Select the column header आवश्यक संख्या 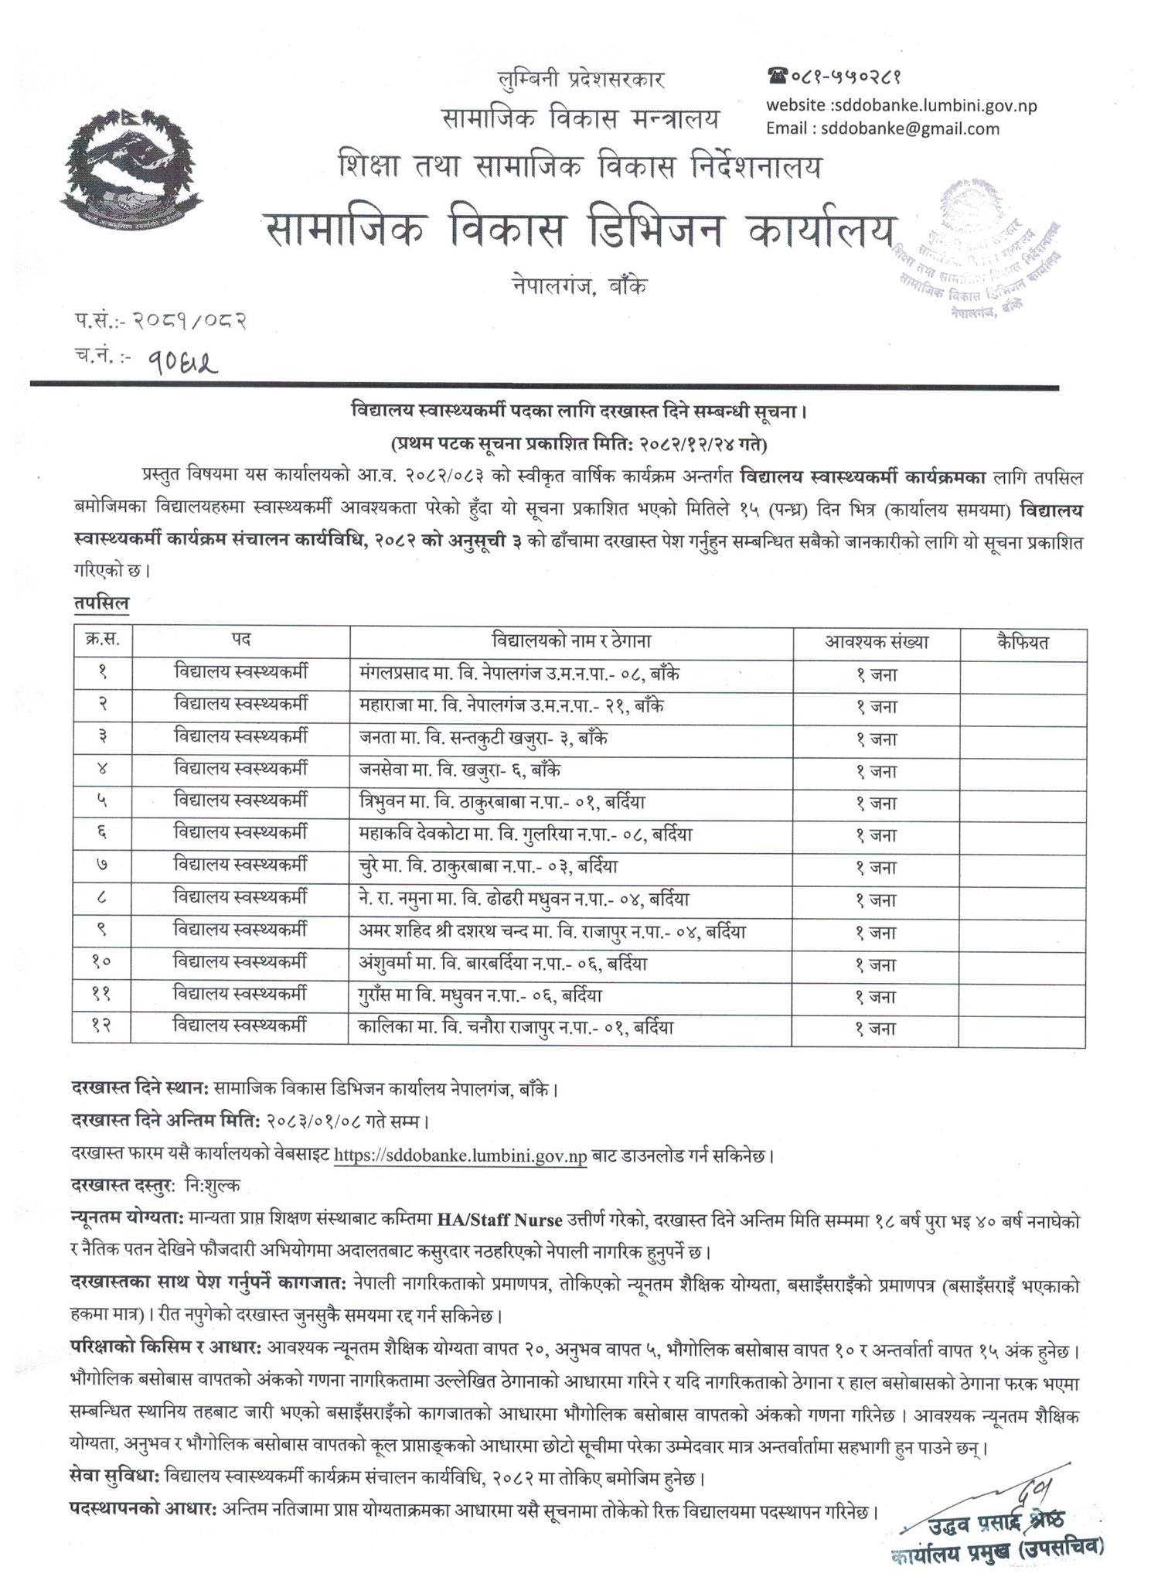(x=876, y=642)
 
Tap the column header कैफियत (x=1022, y=642)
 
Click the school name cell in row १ (x=519, y=673)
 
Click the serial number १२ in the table (x=101, y=1028)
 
